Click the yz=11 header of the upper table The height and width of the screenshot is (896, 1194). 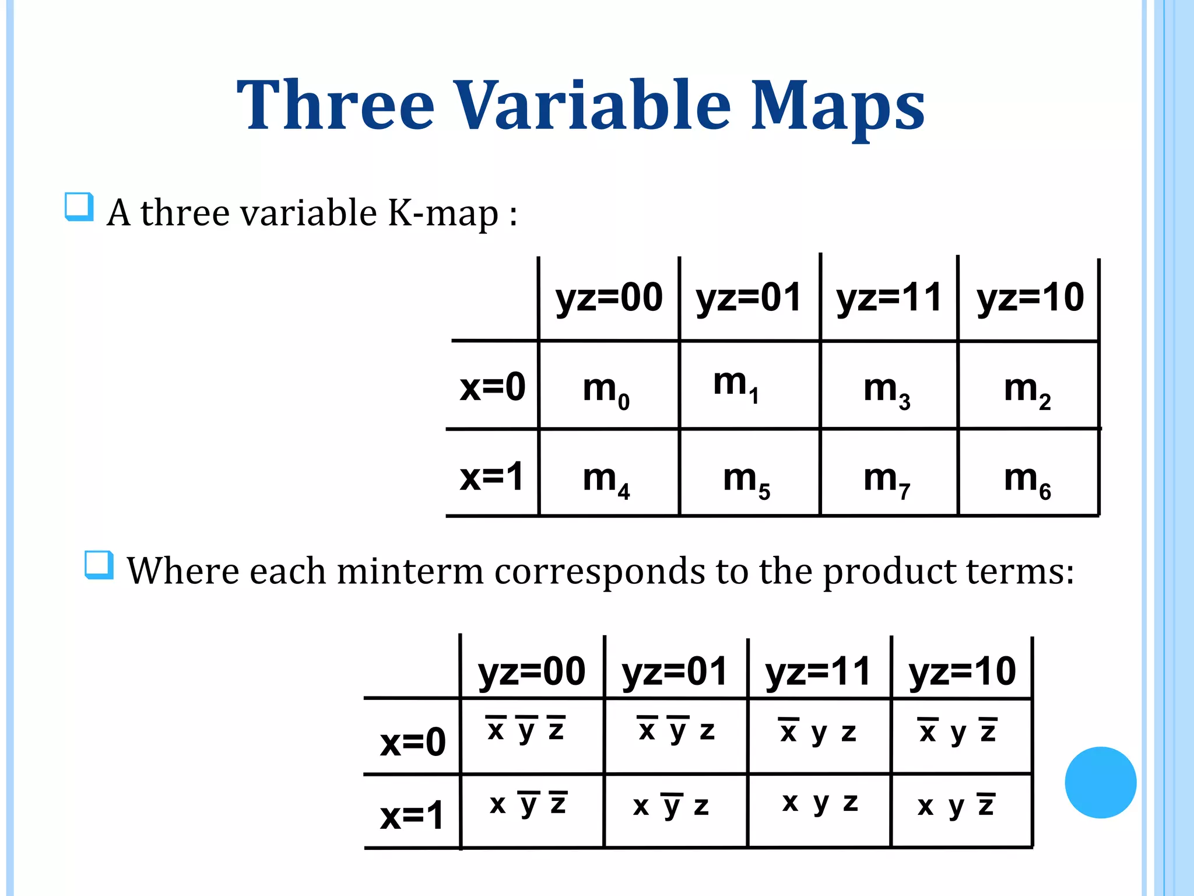[x=889, y=297]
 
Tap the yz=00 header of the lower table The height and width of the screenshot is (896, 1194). [x=532, y=671]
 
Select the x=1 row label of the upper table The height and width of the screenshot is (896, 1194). [x=492, y=477]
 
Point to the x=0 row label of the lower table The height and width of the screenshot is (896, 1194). [x=413, y=742]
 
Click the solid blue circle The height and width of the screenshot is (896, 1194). [x=1100, y=782]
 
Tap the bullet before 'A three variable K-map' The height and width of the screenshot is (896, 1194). [x=79, y=207]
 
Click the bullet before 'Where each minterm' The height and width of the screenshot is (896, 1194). [x=99, y=565]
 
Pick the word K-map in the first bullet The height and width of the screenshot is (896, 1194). [x=443, y=213]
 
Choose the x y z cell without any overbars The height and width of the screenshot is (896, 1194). [x=820, y=803]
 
